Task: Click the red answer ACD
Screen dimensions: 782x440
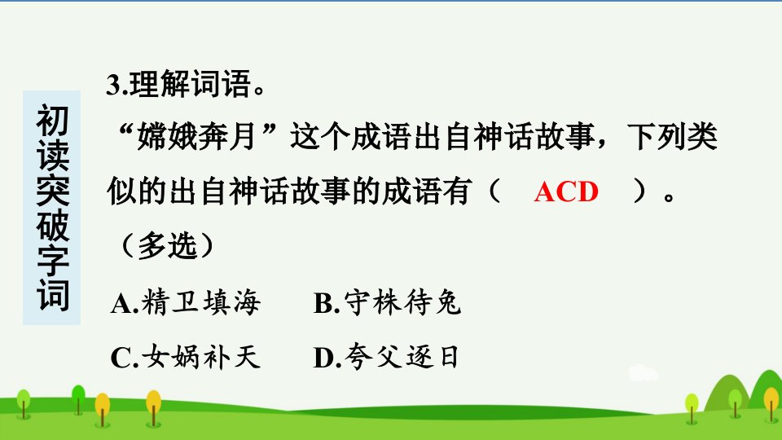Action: tap(566, 191)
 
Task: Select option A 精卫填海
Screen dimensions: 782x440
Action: tap(186, 302)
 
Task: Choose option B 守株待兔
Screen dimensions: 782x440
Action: tap(387, 302)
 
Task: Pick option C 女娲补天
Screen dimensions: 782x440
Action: tap(186, 357)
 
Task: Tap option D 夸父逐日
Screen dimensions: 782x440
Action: tap(386, 357)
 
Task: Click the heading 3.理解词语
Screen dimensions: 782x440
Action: tap(186, 84)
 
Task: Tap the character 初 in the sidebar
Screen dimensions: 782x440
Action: tap(52, 121)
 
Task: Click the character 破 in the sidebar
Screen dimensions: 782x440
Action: tap(52, 226)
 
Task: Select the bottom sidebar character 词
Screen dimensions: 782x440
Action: tap(52, 295)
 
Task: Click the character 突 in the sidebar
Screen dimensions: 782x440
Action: tap(52, 191)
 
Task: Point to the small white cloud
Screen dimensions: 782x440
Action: tap(644, 373)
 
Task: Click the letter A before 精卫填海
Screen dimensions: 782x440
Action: tap(121, 304)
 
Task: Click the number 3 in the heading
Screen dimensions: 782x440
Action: tap(113, 85)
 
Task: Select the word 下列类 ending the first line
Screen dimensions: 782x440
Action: tap(672, 136)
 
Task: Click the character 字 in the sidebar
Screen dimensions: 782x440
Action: tap(52, 261)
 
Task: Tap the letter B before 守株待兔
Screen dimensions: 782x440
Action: tap(323, 304)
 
